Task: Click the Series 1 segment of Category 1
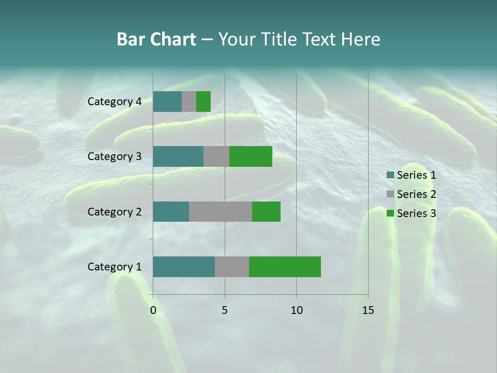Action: point(184,267)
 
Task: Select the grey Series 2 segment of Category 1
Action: point(232,267)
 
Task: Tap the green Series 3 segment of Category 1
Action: point(285,267)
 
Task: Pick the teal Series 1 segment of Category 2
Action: point(171,211)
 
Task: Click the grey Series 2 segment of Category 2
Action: point(221,211)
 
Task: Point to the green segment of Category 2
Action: point(266,211)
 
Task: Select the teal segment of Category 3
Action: point(178,156)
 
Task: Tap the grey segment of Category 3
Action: point(216,156)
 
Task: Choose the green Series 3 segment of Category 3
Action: point(251,156)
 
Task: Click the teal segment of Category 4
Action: point(167,102)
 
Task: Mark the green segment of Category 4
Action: point(203,102)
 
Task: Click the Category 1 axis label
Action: point(114,267)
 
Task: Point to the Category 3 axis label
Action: point(114,156)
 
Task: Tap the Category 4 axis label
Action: point(114,102)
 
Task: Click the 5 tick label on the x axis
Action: point(225,310)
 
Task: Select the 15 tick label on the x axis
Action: point(368,310)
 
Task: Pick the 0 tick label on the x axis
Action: point(153,310)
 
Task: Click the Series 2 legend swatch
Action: point(390,194)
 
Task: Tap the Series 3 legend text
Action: point(416,213)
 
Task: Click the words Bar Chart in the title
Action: point(156,39)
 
